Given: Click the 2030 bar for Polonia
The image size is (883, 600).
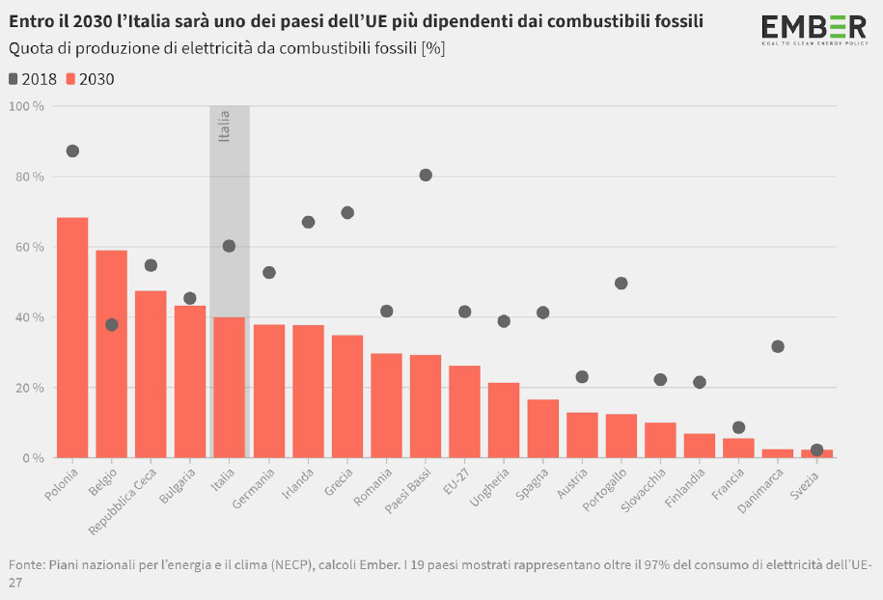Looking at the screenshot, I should (x=72, y=338).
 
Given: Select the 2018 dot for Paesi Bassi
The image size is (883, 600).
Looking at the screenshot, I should (x=426, y=175).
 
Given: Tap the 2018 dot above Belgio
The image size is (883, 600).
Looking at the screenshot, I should (x=112, y=325).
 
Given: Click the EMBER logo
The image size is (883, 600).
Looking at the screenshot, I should (x=814, y=29).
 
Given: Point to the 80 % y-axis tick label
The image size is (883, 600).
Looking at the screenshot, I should (x=28, y=177).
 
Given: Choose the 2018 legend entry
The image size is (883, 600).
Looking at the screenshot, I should (x=32, y=79).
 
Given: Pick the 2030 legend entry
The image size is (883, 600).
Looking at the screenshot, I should (x=90, y=79).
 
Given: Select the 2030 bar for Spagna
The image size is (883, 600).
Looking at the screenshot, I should (x=543, y=428).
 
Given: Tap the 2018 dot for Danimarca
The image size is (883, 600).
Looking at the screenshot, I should (x=778, y=346).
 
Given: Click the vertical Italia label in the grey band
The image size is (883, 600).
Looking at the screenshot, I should (x=225, y=126).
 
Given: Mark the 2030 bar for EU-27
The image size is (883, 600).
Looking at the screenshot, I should (x=465, y=412).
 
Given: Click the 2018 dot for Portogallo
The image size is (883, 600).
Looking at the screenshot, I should (x=621, y=284).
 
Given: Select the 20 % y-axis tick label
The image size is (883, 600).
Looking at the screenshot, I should (x=28, y=388).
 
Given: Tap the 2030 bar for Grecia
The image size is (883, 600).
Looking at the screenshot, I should (x=347, y=396).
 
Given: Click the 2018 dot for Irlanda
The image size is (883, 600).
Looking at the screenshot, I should (x=308, y=222).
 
